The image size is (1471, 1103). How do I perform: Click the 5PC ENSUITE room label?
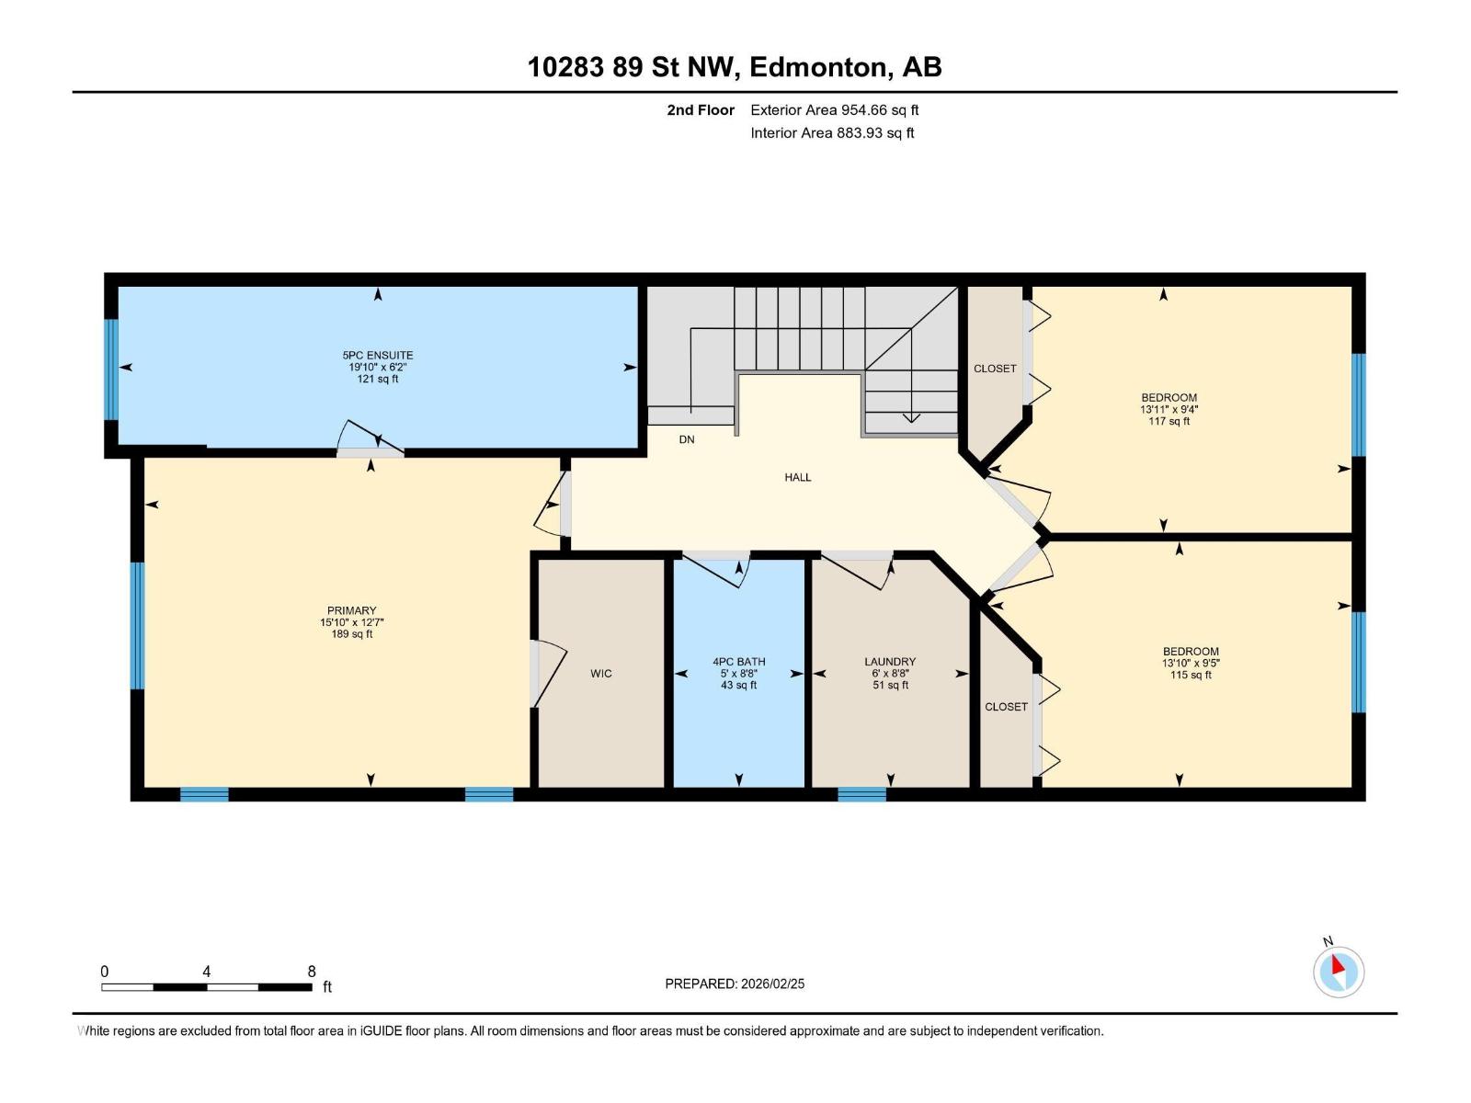pyautogui.click(x=378, y=356)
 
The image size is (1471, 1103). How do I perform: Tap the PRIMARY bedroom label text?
pyautogui.click(x=352, y=610)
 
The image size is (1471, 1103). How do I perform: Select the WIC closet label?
pyautogui.click(x=601, y=674)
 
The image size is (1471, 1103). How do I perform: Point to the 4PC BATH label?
pyautogui.click(x=739, y=662)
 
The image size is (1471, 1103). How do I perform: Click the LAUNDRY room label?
pyautogui.click(x=890, y=662)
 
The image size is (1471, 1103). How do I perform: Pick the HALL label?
pyautogui.click(x=798, y=477)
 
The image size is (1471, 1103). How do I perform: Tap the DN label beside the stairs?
pyautogui.click(x=687, y=439)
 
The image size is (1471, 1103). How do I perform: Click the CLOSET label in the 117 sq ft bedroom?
pyautogui.click(x=995, y=369)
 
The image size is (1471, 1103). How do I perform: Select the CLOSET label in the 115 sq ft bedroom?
pyautogui.click(x=1006, y=707)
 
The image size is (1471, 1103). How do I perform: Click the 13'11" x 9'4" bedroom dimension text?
pyautogui.click(x=1169, y=410)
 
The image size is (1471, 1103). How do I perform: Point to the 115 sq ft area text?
pyautogui.click(x=1191, y=675)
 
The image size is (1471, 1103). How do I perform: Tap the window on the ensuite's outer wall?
pyautogui.click(x=111, y=370)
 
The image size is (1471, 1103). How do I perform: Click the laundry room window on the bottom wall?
pyautogui.click(x=861, y=794)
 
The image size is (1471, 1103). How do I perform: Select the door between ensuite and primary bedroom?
pyautogui.click(x=370, y=451)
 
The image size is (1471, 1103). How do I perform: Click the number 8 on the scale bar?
pyautogui.click(x=312, y=972)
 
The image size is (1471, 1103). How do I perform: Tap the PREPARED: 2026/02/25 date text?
pyautogui.click(x=735, y=984)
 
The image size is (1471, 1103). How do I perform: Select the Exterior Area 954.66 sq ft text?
pyautogui.click(x=835, y=110)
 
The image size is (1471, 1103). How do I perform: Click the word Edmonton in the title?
pyautogui.click(x=820, y=67)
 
